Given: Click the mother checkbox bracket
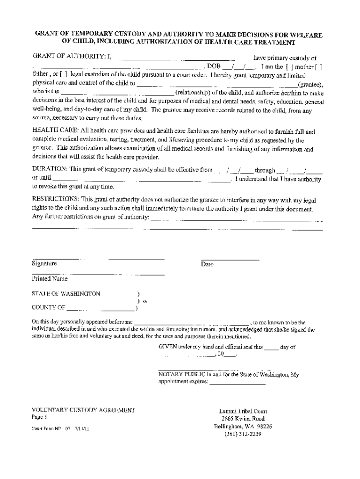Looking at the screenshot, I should click(293, 67).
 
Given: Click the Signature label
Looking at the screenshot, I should click(44, 264).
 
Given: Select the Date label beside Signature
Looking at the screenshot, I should click(207, 264).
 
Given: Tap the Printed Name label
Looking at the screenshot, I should click(49, 279).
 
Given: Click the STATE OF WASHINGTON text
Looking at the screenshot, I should click(65, 294).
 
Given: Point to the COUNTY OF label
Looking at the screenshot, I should click(48, 307).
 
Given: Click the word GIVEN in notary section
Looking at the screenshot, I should click(168, 347).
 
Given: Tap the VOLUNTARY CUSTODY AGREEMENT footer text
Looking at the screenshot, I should click(83, 410).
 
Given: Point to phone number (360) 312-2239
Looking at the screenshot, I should click(243, 434).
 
